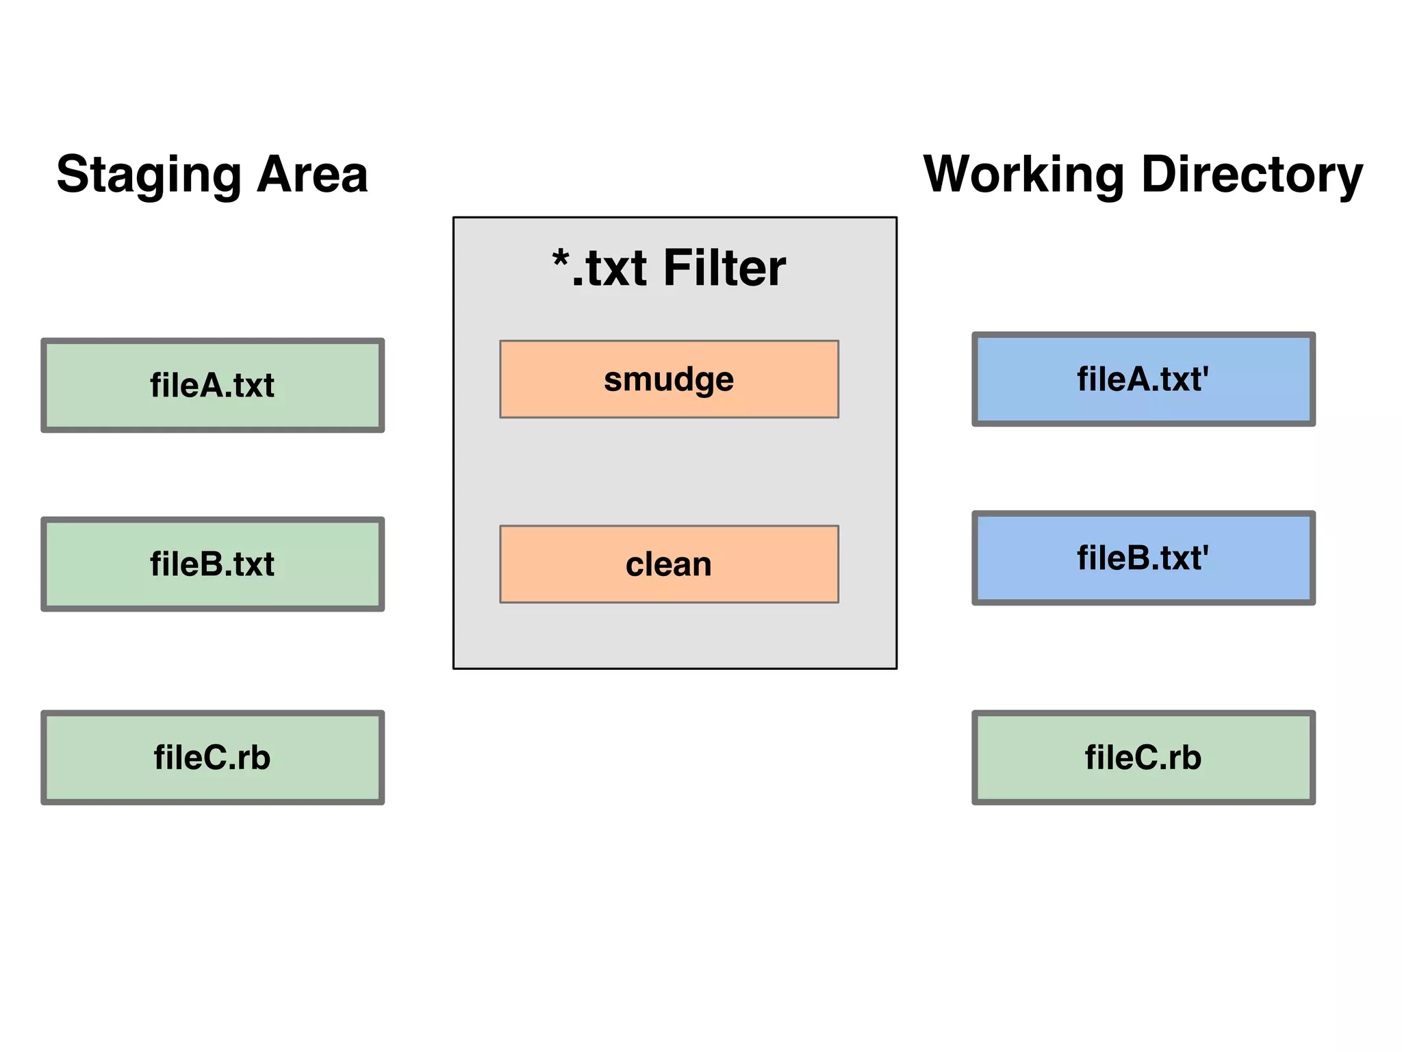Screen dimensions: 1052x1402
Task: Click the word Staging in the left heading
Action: click(x=148, y=175)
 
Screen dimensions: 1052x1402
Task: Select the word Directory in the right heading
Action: click(x=1252, y=175)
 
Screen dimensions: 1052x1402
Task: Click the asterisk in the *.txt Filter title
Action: click(x=561, y=260)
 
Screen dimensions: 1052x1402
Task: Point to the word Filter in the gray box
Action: click(x=724, y=268)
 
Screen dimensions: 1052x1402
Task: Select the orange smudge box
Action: click(x=669, y=379)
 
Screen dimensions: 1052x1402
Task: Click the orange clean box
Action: click(x=669, y=564)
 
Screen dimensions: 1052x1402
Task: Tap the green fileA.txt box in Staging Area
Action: click(x=212, y=385)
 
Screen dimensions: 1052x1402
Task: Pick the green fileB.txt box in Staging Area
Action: click(x=212, y=564)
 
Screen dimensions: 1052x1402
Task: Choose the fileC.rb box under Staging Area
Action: click(x=212, y=757)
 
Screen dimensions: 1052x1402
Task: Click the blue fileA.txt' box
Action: click(x=1143, y=379)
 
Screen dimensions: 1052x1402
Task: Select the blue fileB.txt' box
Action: click(x=1143, y=558)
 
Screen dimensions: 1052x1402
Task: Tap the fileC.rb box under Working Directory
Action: click(x=1143, y=757)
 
